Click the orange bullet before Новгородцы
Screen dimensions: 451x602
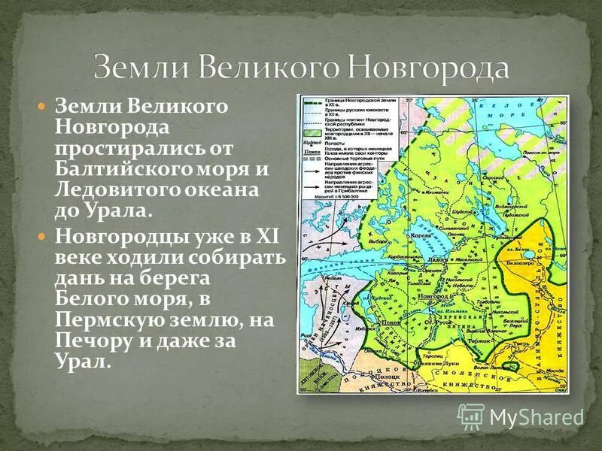(43, 237)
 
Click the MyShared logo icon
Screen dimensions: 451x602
(471, 416)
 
